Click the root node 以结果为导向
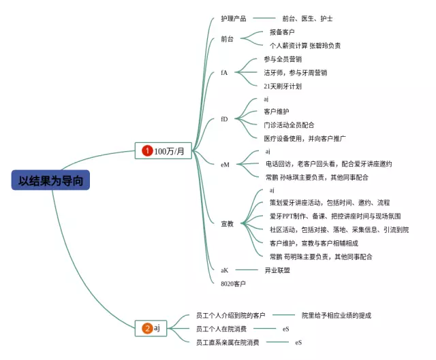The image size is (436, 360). [50, 180]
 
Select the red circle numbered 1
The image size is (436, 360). [146, 151]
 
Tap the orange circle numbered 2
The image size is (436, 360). [147, 329]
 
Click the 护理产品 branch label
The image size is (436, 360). [234, 18]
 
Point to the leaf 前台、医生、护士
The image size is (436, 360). [307, 18]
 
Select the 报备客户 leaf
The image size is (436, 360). [283, 33]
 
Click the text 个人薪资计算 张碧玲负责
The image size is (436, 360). [305, 46]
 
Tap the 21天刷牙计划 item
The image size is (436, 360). [283, 86]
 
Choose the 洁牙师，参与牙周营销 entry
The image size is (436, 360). [295, 73]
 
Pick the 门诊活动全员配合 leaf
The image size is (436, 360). [289, 125]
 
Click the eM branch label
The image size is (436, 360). [225, 164]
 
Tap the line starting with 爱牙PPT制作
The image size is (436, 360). [334, 216]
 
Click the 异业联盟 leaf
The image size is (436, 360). [277, 270]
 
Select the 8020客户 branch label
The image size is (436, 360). [233, 283]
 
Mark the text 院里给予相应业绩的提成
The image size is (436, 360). [337, 316]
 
